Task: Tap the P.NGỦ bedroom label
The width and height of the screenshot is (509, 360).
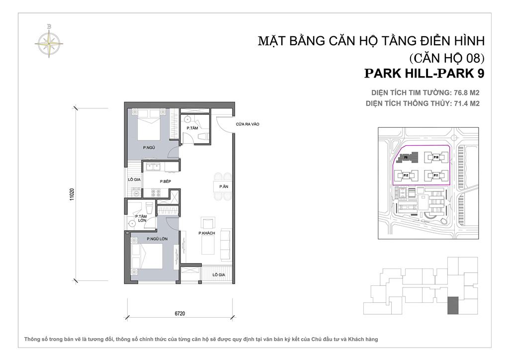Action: (x=148, y=148)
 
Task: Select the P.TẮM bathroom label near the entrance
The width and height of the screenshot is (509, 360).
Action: (x=192, y=128)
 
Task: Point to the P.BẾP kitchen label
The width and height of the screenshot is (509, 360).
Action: (x=166, y=181)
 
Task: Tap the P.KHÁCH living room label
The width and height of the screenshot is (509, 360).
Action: (x=206, y=233)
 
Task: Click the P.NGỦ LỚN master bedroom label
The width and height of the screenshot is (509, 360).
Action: (x=156, y=239)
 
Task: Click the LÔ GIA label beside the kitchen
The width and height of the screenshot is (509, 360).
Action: (x=133, y=180)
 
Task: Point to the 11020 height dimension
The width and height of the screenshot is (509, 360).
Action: (x=73, y=194)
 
